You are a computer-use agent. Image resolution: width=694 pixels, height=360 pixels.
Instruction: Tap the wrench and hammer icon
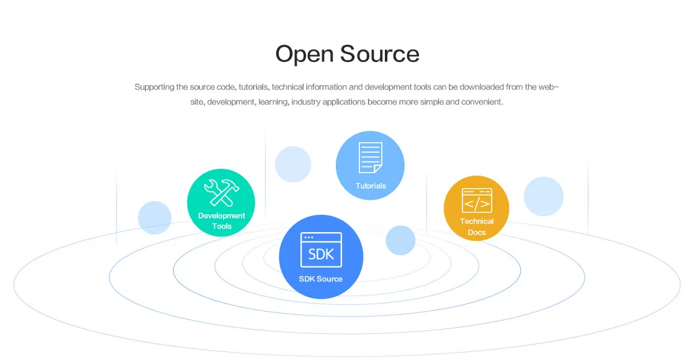click(221, 193)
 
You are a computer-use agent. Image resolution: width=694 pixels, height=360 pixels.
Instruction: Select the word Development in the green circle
click(222, 216)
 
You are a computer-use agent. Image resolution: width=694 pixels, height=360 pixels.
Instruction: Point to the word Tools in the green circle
click(222, 227)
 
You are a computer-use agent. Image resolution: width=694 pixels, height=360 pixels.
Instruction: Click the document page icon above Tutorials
click(370, 158)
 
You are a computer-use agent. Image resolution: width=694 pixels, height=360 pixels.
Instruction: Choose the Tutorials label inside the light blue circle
click(371, 186)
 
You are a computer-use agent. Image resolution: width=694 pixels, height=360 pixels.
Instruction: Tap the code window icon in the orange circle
click(477, 200)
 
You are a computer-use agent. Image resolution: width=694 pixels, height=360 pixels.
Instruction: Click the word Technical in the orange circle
click(477, 222)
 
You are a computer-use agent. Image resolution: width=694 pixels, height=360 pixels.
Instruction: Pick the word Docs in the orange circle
click(477, 233)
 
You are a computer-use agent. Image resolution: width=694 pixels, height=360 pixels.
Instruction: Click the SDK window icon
click(321, 250)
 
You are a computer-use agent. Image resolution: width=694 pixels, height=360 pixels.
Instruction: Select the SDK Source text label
click(321, 279)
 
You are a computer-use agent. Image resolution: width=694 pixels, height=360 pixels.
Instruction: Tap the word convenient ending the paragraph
click(481, 102)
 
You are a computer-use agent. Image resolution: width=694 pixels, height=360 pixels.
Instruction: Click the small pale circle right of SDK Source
click(400, 240)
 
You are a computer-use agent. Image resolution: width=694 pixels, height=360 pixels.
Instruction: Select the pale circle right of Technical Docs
click(543, 197)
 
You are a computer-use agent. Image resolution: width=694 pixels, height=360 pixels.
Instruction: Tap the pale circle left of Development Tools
click(155, 218)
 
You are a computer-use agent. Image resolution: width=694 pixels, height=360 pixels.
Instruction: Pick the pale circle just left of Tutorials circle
click(293, 164)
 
